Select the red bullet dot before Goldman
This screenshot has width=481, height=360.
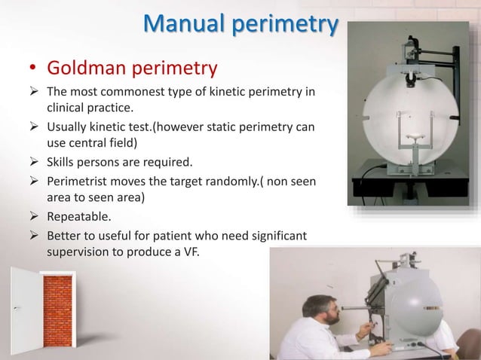pyautogui.click(x=32, y=71)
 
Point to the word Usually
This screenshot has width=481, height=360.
pyautogui.click(x=70, y=129)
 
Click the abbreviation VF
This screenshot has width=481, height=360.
pyautogui.click(x=188, y=252)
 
